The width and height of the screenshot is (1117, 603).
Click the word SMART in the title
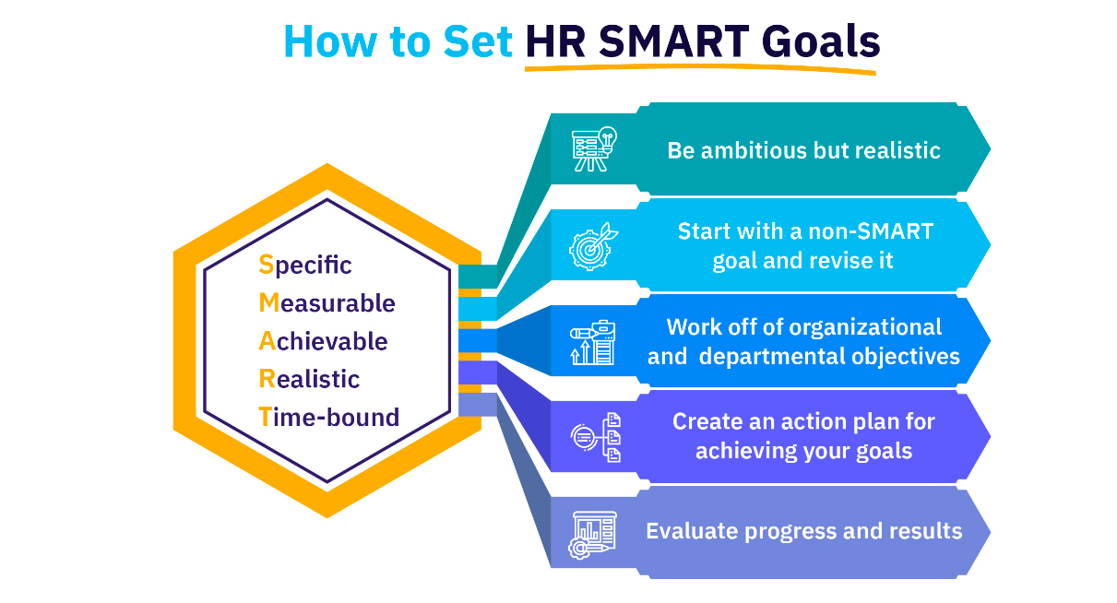673,41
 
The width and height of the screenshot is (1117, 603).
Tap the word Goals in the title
821,41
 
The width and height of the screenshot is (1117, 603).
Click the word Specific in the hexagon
305,265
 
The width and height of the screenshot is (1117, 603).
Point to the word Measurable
327,303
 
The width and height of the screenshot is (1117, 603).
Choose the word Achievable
323,341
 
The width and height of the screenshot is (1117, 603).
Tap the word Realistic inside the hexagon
309,379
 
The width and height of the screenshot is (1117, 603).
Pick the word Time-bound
329,417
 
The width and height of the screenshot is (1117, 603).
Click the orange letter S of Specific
267,265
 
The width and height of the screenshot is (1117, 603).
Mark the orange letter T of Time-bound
266,417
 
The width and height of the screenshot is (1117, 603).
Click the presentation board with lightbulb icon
594,149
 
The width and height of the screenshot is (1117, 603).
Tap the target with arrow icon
593,246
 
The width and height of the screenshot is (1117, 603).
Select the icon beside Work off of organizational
593,342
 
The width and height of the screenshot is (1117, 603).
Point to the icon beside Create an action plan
596,438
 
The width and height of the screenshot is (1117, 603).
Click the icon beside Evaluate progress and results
592,535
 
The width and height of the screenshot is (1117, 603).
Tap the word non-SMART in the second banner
871,231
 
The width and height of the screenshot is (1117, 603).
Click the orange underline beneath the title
700,67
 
